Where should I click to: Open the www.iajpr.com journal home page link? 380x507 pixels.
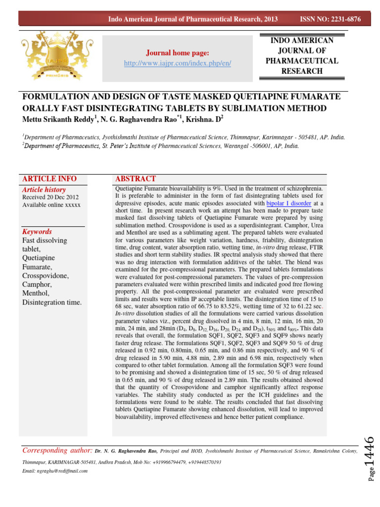(178, 64)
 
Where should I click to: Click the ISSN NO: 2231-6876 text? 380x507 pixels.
(331, 19)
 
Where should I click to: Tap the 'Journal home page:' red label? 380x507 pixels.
(177, 53)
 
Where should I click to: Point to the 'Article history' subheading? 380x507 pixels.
(44, 190)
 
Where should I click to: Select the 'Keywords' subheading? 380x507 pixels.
(38, 231)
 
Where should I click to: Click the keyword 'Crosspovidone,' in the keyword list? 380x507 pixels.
(46, 275)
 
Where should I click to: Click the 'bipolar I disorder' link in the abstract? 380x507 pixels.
(289, 203)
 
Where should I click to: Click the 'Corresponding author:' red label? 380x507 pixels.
(58, 451)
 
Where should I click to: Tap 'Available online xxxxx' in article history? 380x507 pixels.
(51, 205)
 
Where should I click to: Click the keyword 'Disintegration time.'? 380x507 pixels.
(52, 303)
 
